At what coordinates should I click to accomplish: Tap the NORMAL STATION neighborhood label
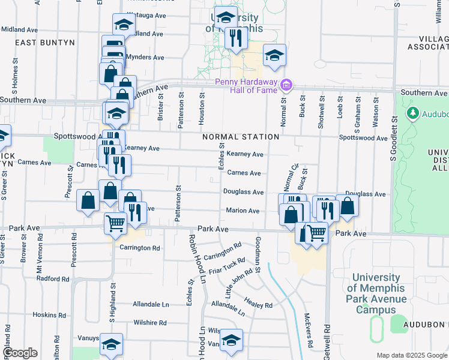click(241, 137)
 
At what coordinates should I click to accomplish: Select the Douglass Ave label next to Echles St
click(243, 192)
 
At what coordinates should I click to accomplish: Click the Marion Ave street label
click(243, 211)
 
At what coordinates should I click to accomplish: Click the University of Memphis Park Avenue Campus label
click(376, 293)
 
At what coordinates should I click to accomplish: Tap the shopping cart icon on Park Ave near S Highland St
click(115, 223)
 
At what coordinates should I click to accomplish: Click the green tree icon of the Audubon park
click(413, 113)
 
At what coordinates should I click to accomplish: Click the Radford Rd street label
click(53, 278)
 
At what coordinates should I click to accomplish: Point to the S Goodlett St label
click(394, 142)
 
